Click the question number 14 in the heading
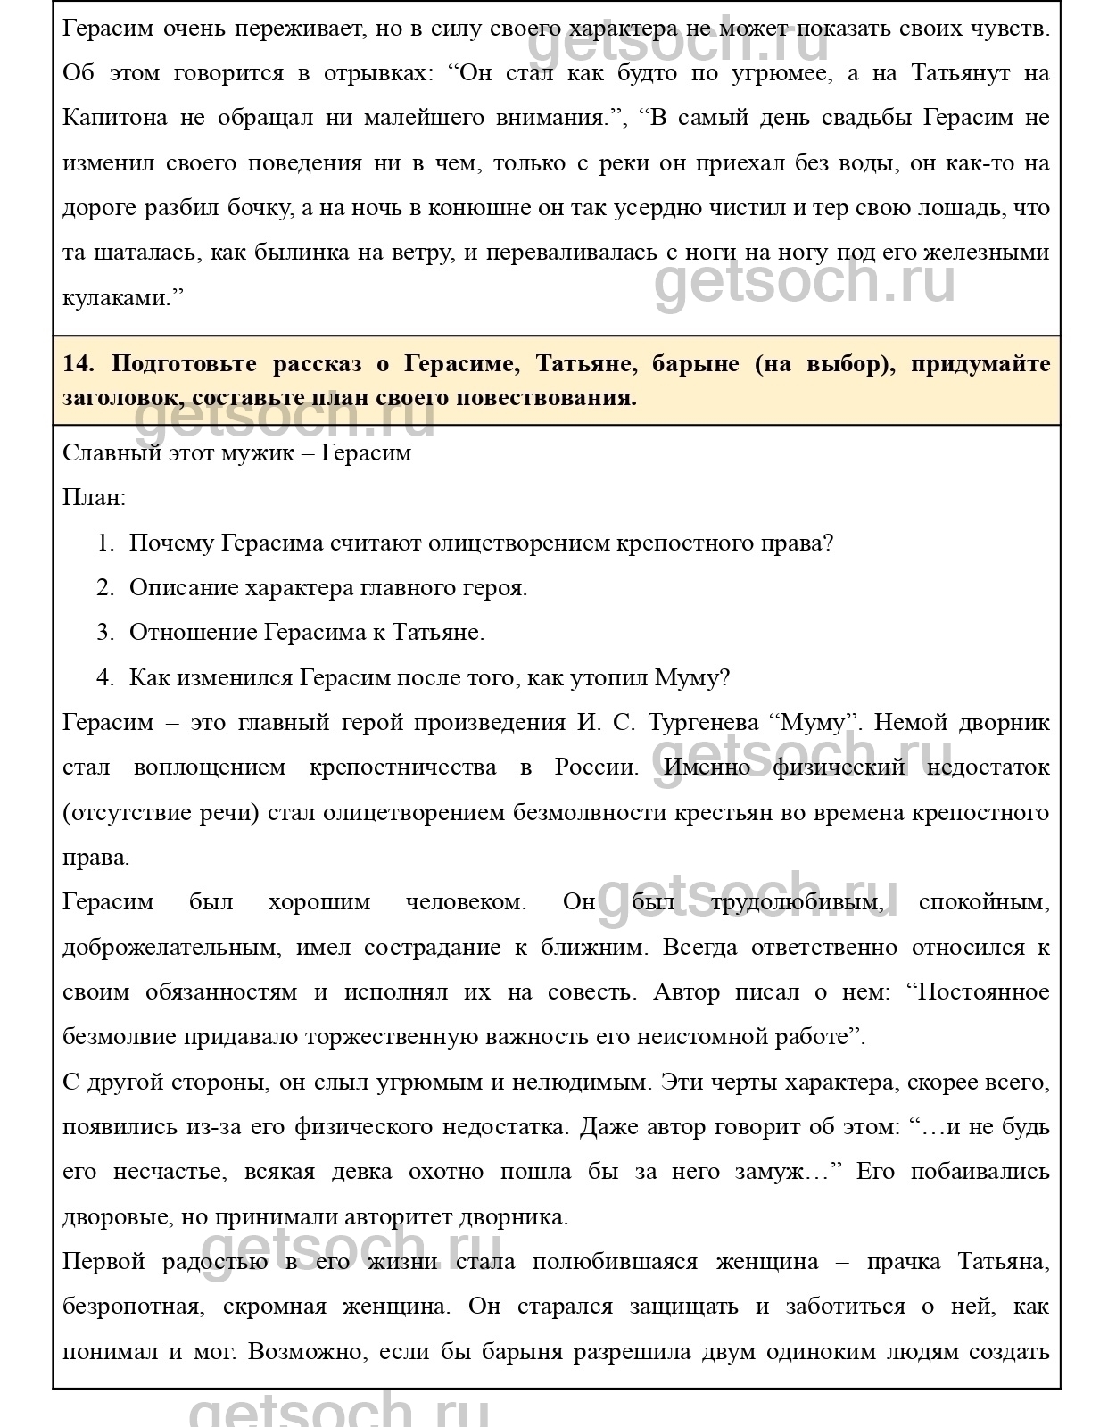point(78,364)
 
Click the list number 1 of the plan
point(105,543)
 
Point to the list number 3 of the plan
point(105,633)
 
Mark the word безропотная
point(130,1307)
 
